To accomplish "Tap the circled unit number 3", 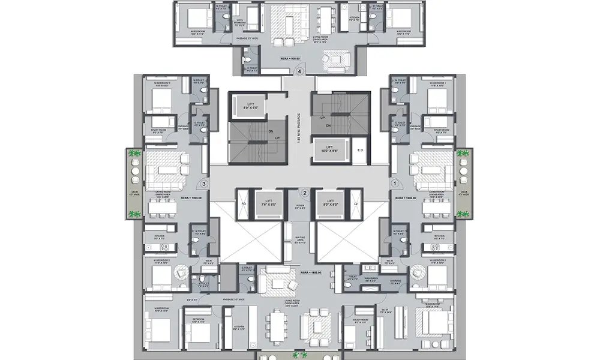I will pos(204,184).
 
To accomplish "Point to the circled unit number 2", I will pos(305,193).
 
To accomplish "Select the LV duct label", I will pos(356,203).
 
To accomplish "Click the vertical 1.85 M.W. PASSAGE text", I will pos(298,126).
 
